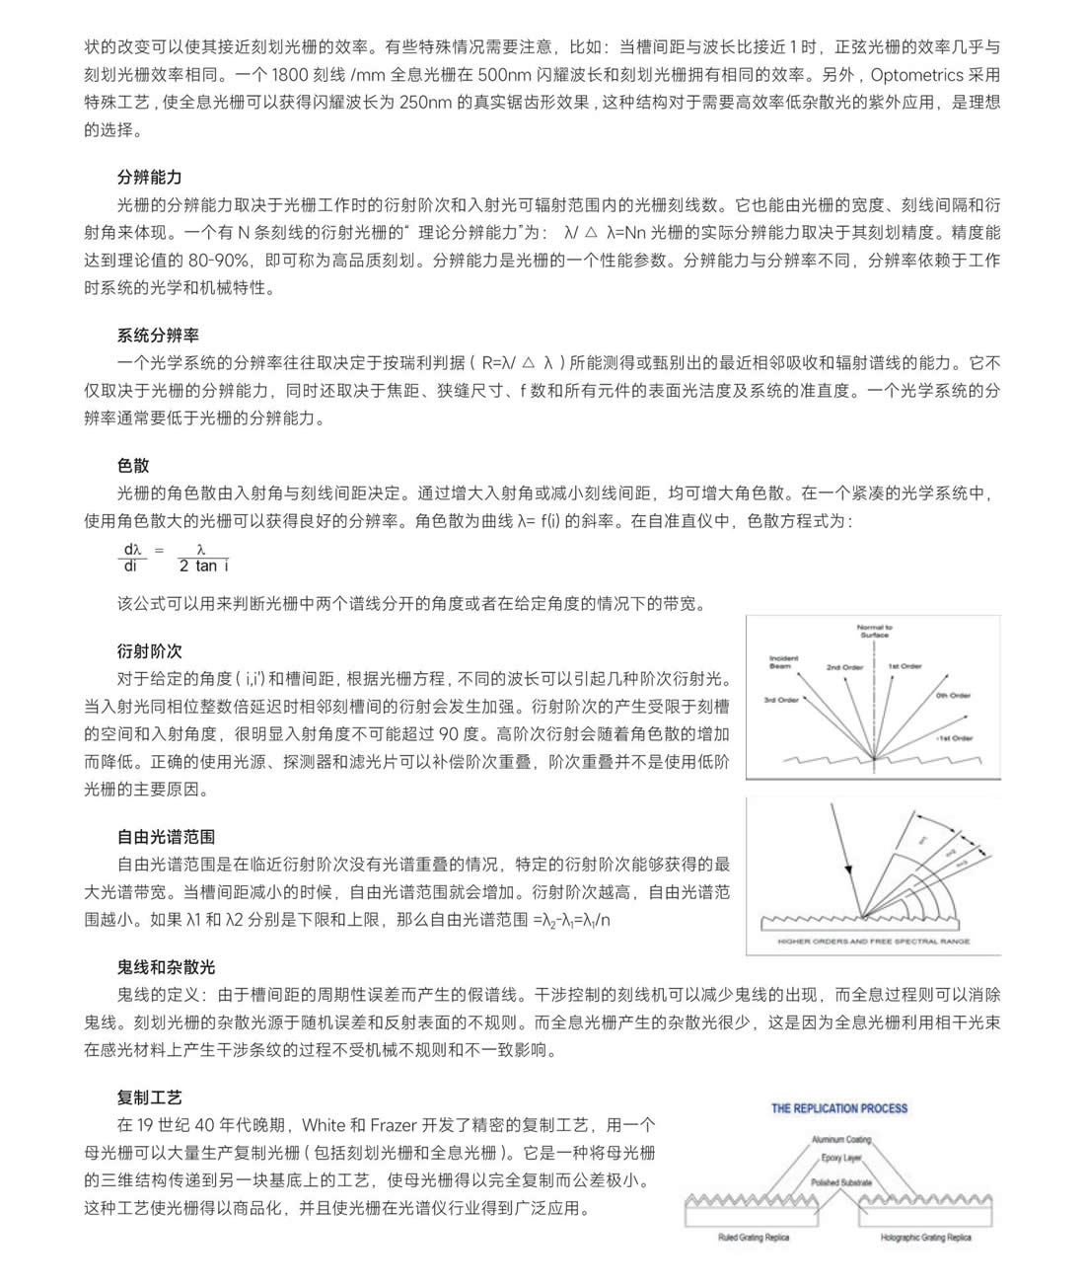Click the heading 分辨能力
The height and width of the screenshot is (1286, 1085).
pos(149,178)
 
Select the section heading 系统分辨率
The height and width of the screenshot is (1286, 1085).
pos(158,336)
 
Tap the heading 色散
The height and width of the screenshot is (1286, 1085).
pos(133,466)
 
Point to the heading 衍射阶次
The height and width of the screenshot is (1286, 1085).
pos(149,651)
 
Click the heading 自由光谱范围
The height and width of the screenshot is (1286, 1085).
pos(166,837)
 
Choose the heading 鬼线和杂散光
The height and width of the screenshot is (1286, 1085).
pos(166,967)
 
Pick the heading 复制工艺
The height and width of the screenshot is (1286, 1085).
pos(149,1097)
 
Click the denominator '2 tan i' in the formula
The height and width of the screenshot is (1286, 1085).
pos(203,567)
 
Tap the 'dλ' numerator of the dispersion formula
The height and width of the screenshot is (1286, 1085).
pos(132,549)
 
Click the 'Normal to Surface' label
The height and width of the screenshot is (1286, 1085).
pos(874,631)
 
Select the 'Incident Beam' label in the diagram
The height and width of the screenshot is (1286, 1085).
pos(783,662)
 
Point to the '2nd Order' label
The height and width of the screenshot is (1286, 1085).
pos(844,667)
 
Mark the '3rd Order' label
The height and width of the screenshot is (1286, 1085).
pos(781,700)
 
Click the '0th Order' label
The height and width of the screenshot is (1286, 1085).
pos(953,695)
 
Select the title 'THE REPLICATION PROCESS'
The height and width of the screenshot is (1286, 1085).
pos(839,1108)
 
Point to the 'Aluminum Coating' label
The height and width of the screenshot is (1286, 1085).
pos(841,1139)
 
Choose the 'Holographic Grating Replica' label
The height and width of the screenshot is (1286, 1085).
pos(925,1237)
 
